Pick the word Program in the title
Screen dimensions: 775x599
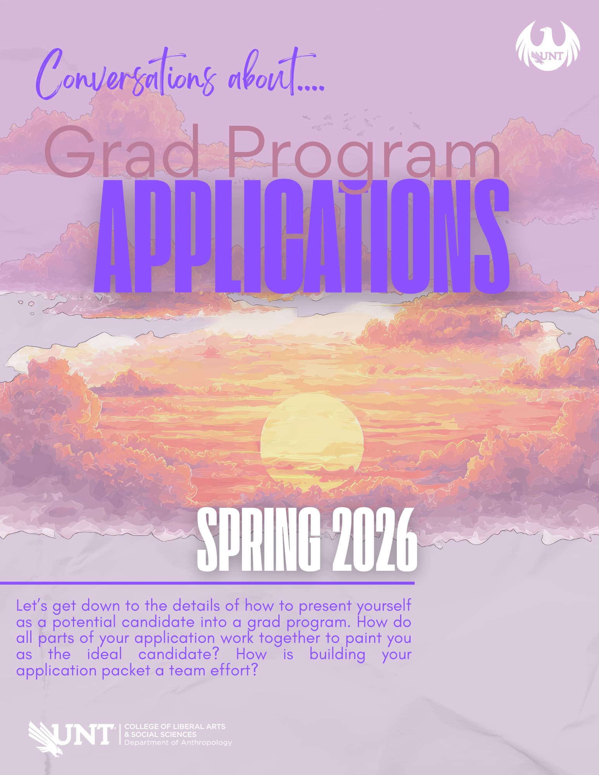(x=364, y=155)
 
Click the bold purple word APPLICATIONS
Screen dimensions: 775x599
(x=301, y=236)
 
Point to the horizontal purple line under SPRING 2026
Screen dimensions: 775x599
(x=207, y=582)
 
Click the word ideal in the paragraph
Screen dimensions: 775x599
(x=104, y=654)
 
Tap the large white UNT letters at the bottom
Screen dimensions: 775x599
(x=83, y=734)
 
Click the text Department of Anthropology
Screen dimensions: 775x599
(x=178, y=742)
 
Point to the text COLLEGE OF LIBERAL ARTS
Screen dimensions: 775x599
(x=175, y=726)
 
